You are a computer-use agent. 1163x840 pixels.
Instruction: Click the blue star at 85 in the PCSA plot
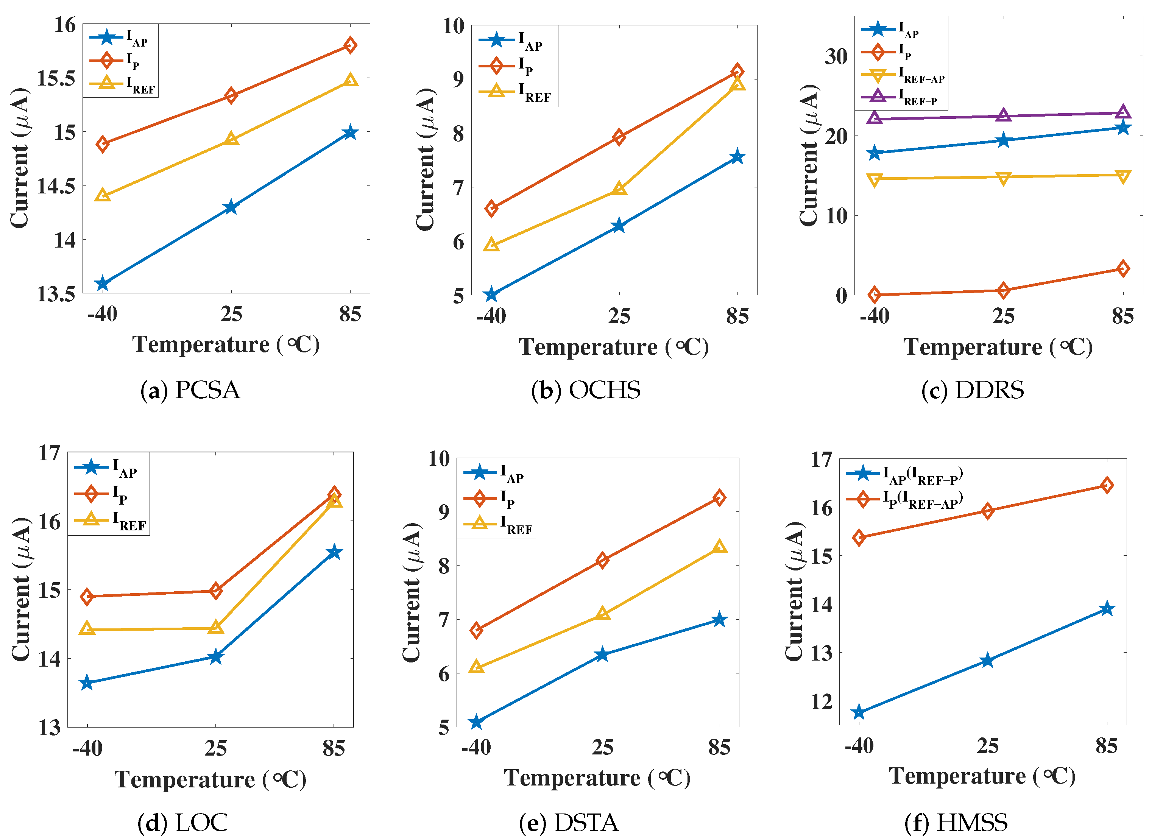coord(350,132)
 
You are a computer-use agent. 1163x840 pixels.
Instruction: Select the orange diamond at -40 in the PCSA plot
coord(103,144)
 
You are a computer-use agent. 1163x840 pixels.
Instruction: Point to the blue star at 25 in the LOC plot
coord(216,657)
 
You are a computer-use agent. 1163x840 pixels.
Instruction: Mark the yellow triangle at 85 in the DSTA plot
coord(719,547)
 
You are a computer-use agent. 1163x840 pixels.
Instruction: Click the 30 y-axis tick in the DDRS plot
coord(836,56)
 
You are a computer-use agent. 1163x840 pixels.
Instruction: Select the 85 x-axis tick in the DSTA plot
coord(719,748)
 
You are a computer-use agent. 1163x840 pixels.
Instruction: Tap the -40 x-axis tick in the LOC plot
coord(87,749)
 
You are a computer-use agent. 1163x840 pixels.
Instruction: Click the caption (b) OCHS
coord(586,390)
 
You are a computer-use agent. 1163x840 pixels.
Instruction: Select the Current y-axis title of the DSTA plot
coord(411,592)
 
